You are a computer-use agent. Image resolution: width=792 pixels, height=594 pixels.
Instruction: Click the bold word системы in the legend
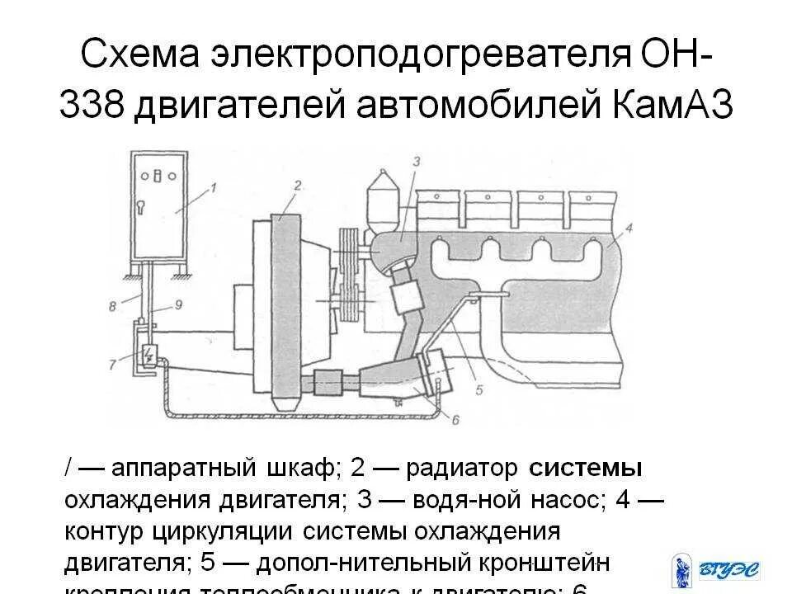(x=586, y=469)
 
